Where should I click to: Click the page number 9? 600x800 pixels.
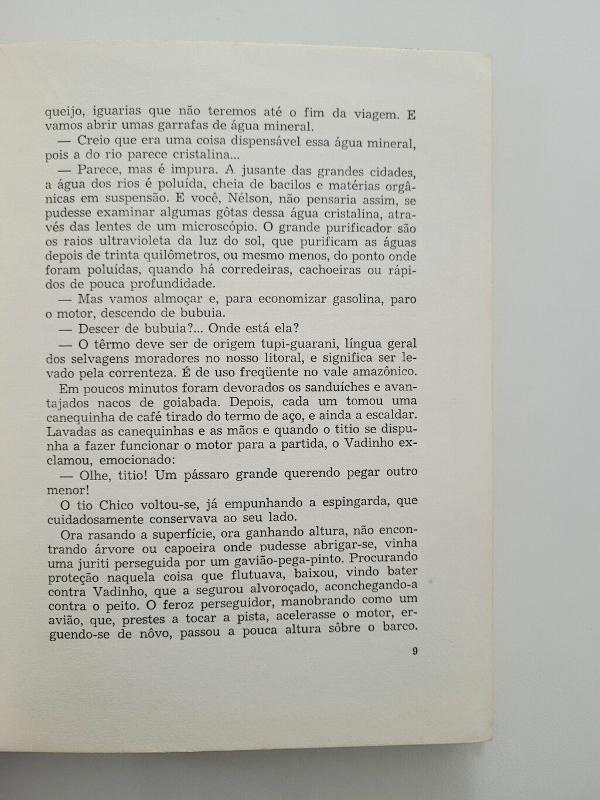pyautogui.click(x=415, y=651)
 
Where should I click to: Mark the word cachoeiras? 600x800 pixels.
pyautogui.click(x=333, y=270)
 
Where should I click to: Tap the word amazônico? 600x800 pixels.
pyautogui.click(x=380, y=372)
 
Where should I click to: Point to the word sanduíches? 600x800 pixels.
pyautogui.click(x=321, y=387)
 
